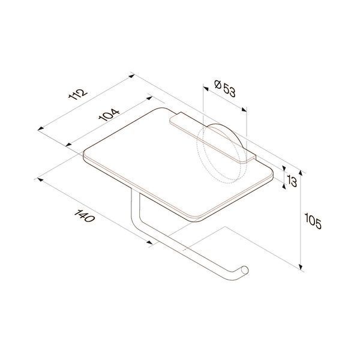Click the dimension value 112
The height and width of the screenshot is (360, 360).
(x=78, y=94)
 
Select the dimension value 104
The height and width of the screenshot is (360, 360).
(x=109, y=115)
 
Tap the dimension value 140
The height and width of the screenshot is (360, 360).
(x=84, y=216)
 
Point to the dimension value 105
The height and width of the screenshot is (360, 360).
(x=313, y=221)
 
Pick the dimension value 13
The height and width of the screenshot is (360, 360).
(x=292, y=182)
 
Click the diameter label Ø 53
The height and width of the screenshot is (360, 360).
(x=225, y=88)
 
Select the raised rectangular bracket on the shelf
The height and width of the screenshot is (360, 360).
(x=212, y=138)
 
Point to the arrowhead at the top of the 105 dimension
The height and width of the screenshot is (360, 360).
(x=301, y=172)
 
